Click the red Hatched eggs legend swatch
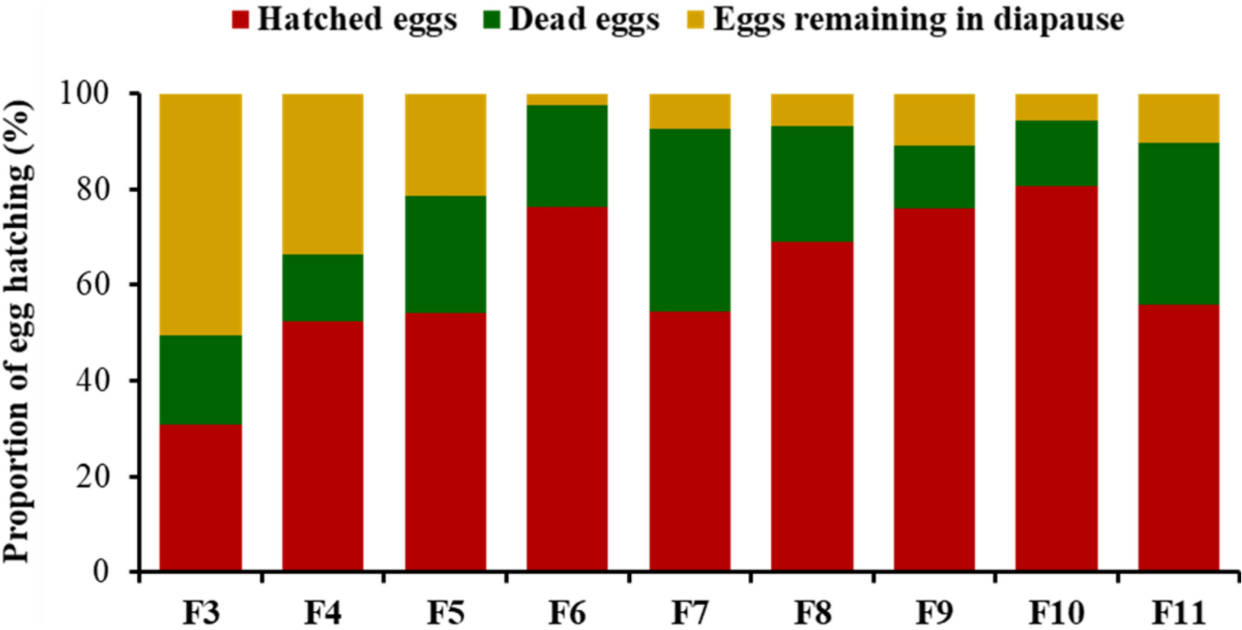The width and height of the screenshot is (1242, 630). (241, 20)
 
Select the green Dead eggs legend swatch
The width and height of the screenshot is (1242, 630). (492, 20)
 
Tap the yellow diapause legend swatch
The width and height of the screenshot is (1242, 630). (694, 20)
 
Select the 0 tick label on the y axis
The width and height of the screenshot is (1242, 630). (102, 571)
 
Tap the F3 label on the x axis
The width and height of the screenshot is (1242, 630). (201, 612)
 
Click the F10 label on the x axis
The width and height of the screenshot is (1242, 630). (1056, 612)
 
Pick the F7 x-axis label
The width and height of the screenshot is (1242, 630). (690, 612)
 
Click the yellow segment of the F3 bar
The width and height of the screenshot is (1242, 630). (200, 214)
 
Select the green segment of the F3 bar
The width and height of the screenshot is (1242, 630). (200, 379)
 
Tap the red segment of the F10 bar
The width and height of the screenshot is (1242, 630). (1056, 378)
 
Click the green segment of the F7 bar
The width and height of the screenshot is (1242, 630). (690, 220)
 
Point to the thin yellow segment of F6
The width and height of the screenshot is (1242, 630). (567, 99)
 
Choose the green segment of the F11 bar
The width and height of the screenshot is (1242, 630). (1179, 223)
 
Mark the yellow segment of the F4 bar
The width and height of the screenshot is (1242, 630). (323, 174)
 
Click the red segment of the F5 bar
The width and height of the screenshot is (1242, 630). (445, 442)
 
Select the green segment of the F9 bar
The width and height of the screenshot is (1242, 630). (934, 177)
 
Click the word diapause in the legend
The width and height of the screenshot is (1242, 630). (1058, 20)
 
